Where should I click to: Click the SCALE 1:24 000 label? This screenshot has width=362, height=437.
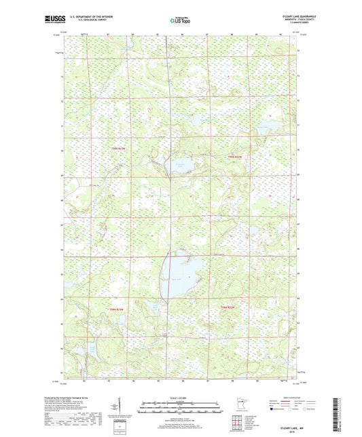pyautogui.click(x=181, y=398)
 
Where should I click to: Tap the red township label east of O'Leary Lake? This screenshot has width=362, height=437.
pyautogui.click(x=234, y=157)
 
